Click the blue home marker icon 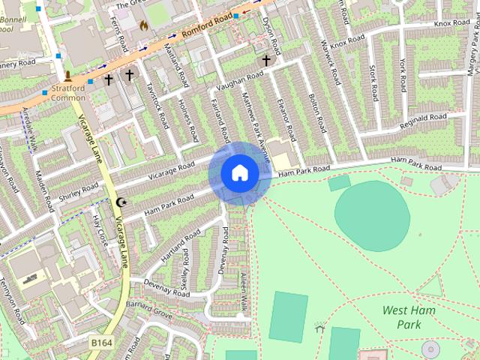239,173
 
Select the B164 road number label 102,343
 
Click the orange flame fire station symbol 143,25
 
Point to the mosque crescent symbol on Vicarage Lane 123,202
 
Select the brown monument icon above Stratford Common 68,76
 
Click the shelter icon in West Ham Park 319,328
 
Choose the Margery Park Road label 472,45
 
